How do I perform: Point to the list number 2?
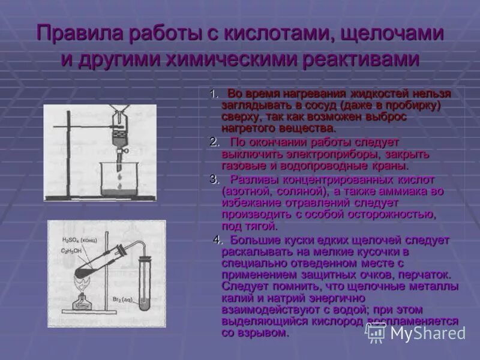pos(214,142)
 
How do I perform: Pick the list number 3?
pos(214,179)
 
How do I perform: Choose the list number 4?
pos(217,240)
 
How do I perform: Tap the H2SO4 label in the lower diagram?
pos(78,240)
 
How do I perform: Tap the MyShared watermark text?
pos(427,332)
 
